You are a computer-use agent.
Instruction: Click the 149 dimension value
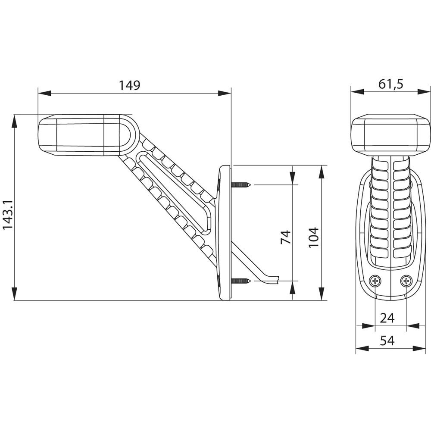(x=130, y=85)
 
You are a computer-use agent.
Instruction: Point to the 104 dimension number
(x=314, y=237)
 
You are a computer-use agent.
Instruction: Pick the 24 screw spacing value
(x=387, y=318)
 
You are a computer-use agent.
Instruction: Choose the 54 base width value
(x=387, y=341)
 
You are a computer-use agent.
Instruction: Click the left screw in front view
(x=376, y=281)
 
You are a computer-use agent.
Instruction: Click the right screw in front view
(x=406, y=281)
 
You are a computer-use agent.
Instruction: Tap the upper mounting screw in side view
(x=241, y=185)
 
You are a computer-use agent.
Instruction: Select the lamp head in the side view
(x=82, y=134)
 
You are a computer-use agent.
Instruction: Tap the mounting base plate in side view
(x=225, y=233)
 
